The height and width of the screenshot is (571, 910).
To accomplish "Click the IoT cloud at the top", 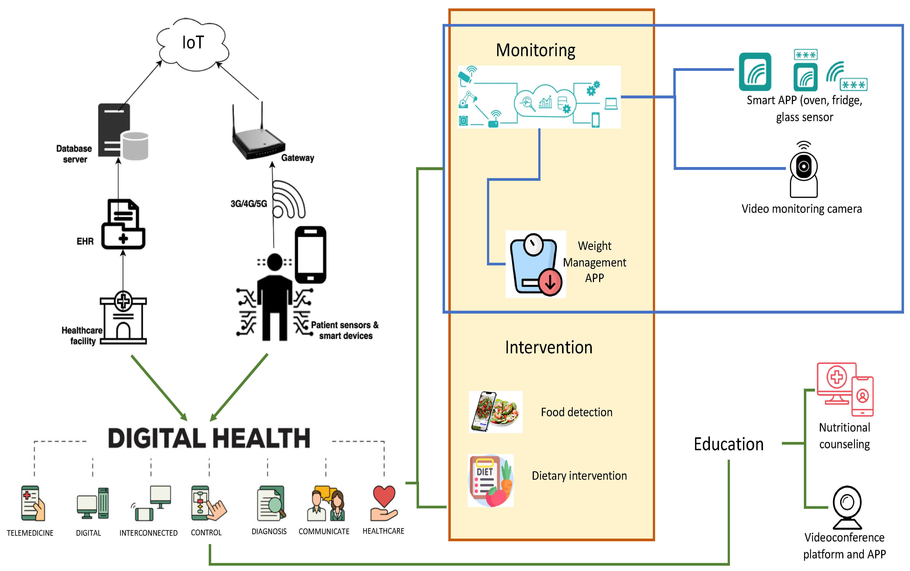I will [x=193, y=44].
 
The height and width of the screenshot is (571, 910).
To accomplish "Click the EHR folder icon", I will [x=123, y=225].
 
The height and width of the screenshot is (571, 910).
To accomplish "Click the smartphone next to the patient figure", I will [x=310, y=255].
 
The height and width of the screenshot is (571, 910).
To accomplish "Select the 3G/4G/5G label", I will [x=248, y=204].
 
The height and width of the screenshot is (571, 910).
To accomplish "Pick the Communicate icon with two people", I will [x=326, y=503].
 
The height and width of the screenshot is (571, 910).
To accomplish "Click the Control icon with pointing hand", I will [x=208, y=503].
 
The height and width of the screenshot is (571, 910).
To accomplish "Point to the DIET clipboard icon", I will [x=490, y=480].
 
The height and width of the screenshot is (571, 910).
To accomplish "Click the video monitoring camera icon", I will [x=803, y=170].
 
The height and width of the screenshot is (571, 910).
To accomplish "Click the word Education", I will [x=728, y=444].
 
